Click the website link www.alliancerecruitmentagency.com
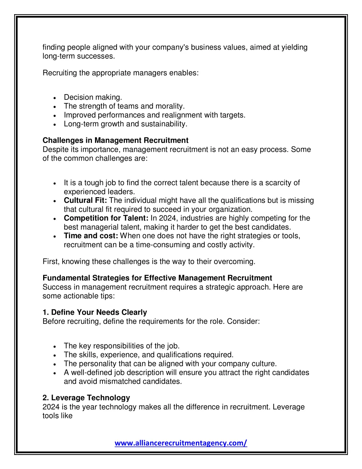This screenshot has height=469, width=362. pos(181,443)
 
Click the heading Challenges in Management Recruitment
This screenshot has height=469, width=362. pos(115,141)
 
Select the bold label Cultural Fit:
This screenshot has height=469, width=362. pos(85,200)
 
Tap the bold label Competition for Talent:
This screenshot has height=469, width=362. pos(106,218)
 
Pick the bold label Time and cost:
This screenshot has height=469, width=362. pos(91,236)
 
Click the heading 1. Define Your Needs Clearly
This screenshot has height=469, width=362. pos(95,312)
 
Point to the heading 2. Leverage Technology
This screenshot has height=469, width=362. pos(86,398)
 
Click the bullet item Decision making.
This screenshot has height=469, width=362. pos(93,97)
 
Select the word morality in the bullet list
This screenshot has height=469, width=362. pos(169,106)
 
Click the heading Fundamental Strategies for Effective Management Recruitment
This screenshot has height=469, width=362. pos(157,278)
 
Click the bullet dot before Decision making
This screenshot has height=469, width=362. pos(55,98)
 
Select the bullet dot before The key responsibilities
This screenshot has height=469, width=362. pos(55,347)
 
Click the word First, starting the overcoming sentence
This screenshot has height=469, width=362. pos(51,262)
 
